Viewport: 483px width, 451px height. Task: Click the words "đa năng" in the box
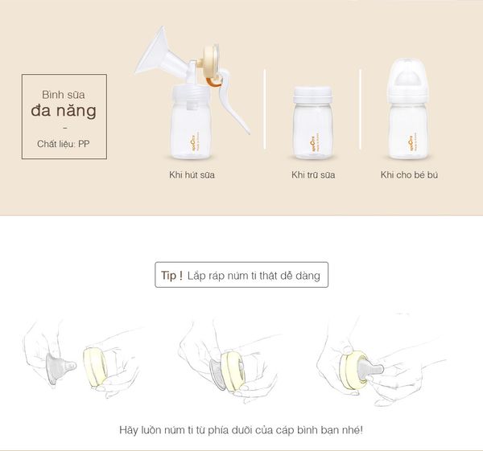tap(64, 110)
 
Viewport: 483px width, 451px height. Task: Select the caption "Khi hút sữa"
tap(192, 174)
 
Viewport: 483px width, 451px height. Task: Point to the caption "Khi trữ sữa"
tap(312, 174)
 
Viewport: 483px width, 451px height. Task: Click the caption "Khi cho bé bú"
tap(409, 174)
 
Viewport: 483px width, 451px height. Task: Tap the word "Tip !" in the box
tap(171, 275)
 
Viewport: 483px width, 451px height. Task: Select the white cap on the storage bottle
tap(312, 95)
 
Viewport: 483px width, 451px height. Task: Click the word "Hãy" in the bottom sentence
tap(127, 430)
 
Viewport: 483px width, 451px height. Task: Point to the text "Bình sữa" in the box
tap(64, 93)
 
